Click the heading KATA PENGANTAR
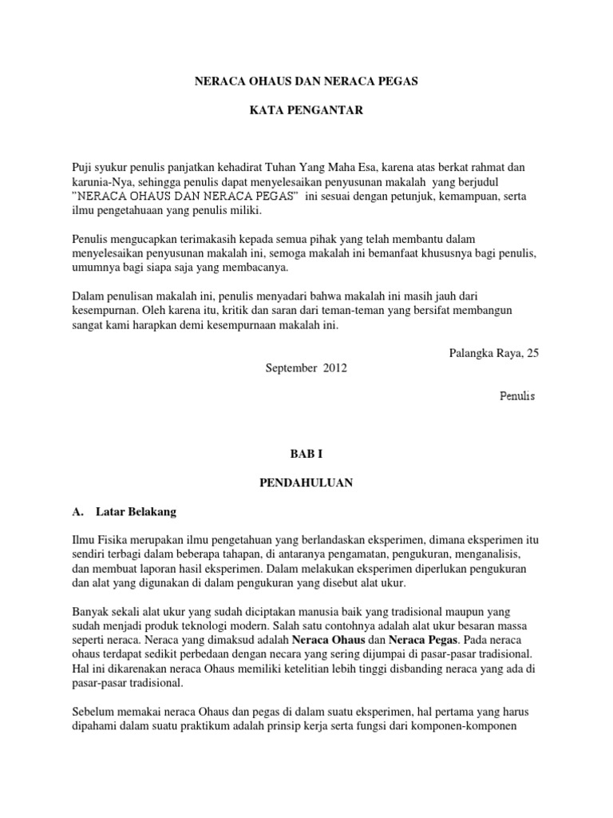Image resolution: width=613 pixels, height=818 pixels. coord(306,111)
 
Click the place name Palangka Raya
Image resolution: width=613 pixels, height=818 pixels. coord(480,353)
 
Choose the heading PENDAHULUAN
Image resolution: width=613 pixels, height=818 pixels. coord(306,482)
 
